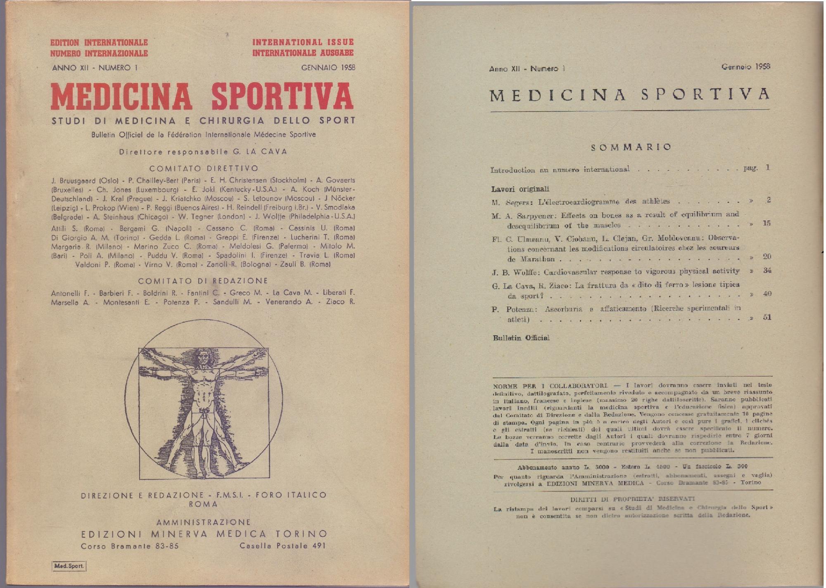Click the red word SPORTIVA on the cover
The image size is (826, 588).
pyautogui.click(x=282, y=97)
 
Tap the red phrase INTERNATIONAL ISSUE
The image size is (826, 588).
pyautogui.click(x=303, y=42)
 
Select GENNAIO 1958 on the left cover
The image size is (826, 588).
pyautogui.click(x=328, y=67)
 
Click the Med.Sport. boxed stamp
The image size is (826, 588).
pyautogui.click(x=69, y=566)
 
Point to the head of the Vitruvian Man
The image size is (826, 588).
pyautogui.click(x=203, y=356)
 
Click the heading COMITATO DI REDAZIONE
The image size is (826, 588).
pyautogui.click(x=203, y=281)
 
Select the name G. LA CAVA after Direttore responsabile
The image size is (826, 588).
pyautogui.click(x=260, y=152)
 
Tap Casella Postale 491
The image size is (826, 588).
pyautogui.click(x=282, y=545)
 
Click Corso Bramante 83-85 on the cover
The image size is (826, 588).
pyautogui.click(x=130, y=545)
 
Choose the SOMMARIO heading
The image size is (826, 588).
pyautogui.click(x=631, y=147)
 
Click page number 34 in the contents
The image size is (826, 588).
pyautogui.click(x=767, y=270)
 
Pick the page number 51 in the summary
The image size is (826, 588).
pyautogui.click(x=767, y=317)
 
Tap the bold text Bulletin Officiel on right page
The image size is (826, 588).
pyautogui.click(x=521, y=338)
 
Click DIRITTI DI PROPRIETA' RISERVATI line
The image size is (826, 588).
pyautogui.click(x=632, y=499)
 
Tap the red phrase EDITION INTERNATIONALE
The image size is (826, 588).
pyautogui.click(x=99, y=43)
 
